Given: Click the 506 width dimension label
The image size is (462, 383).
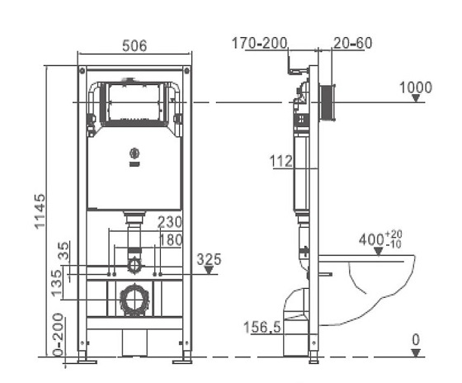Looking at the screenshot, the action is (134, 45).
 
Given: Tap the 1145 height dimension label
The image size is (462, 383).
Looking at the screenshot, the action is (40, 210).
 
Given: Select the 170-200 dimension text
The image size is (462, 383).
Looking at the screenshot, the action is (259, 43).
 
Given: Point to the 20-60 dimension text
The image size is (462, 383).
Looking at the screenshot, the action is (353, 43).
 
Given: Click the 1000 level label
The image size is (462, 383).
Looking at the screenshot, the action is (416, 87).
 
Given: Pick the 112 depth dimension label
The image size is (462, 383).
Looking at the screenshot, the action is (281, 161).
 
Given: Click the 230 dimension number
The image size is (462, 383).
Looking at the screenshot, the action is (170, 222).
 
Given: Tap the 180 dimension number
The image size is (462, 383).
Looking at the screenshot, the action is (172, 239).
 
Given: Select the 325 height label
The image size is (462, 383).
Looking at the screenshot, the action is (209, 259).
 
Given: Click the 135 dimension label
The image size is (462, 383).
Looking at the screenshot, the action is (56, 283).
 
